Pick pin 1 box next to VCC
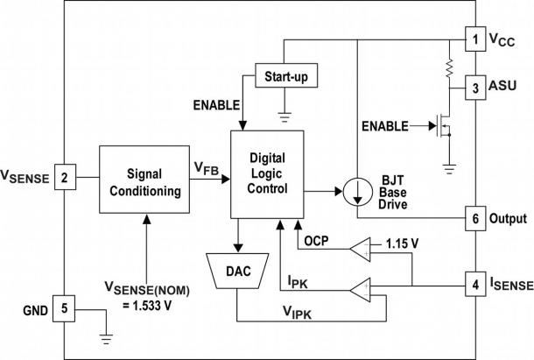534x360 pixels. tap(474, 39)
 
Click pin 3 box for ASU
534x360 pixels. tap(474, 87)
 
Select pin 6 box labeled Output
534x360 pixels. tap(474, 218)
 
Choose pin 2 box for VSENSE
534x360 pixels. tap(64, 179)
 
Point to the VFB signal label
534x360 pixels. tap(207, 167)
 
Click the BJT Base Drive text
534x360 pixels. tap(397, 190)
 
